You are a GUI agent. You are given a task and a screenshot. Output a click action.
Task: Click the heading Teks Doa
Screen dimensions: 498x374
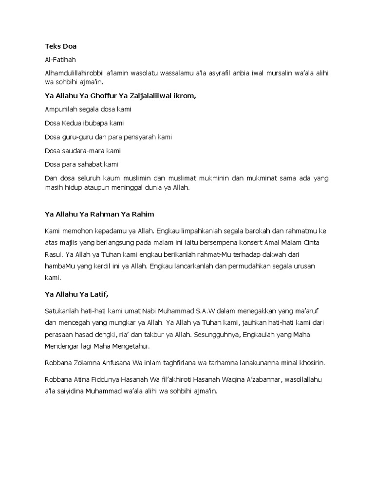[60, 47]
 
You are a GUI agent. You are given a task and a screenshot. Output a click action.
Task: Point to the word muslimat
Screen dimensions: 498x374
[173, 178]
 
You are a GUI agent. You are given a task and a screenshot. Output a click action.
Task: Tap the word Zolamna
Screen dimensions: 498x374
[90, 363]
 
